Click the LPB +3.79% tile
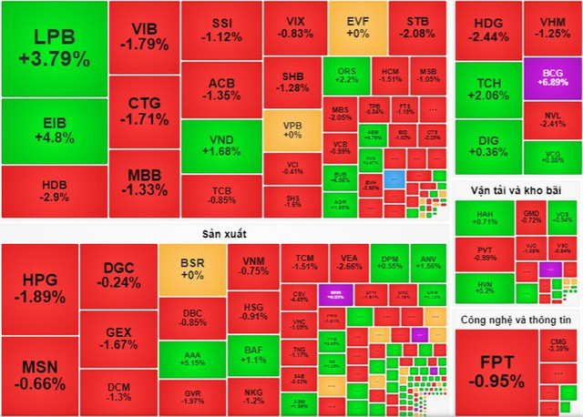53,48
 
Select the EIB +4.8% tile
53,131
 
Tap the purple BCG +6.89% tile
552,76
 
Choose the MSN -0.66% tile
37,374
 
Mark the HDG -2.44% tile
488,28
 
